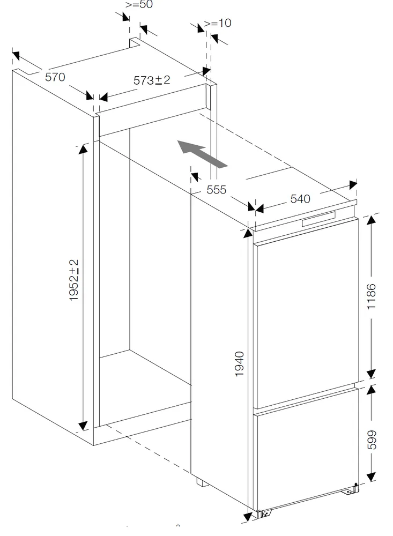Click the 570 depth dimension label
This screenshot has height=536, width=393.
point(55,77)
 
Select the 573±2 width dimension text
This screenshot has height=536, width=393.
point(152,80)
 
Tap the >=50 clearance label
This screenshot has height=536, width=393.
point(139,5)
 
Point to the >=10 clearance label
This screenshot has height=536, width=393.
point(218,23)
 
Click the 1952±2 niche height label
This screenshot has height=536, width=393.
point(74,280)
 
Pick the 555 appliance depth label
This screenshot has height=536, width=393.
point(216,189)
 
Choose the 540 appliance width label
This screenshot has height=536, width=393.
point(300,199)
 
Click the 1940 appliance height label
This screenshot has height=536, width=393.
point(240,364)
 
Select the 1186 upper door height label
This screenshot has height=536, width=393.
point(371,296)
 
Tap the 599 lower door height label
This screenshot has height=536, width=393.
point(372,440)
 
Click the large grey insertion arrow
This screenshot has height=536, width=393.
point(202,154)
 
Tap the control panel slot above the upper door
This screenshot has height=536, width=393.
point(318,219)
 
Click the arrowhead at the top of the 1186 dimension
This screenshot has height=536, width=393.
point(371,221)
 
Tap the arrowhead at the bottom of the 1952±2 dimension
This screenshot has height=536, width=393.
point(83,426)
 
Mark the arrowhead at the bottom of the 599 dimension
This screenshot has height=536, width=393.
point(371,477)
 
